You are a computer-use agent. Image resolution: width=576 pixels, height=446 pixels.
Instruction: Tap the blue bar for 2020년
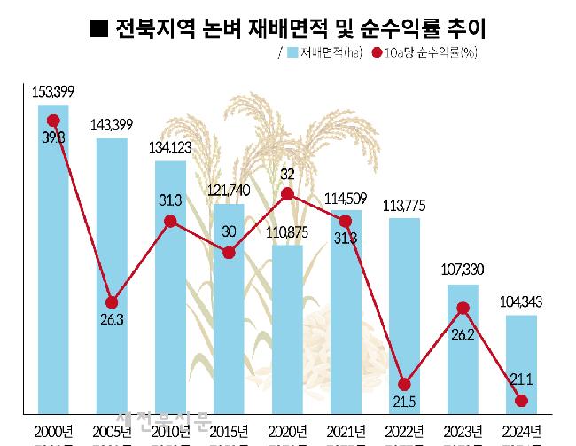point(287,328)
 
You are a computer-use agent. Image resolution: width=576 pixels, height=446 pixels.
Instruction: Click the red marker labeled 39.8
point(53,121)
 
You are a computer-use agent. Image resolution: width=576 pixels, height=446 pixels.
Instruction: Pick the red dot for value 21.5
point(404,385)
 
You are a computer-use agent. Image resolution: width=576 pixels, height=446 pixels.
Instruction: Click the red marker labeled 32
point(287,193)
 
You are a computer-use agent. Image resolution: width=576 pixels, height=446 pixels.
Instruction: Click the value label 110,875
point(287,232)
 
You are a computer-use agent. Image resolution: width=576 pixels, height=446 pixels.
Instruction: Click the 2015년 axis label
point(229,432)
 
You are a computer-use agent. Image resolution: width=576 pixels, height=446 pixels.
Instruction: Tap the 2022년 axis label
point(404,432)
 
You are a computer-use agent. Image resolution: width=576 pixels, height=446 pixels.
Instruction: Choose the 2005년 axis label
point(112,432)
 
